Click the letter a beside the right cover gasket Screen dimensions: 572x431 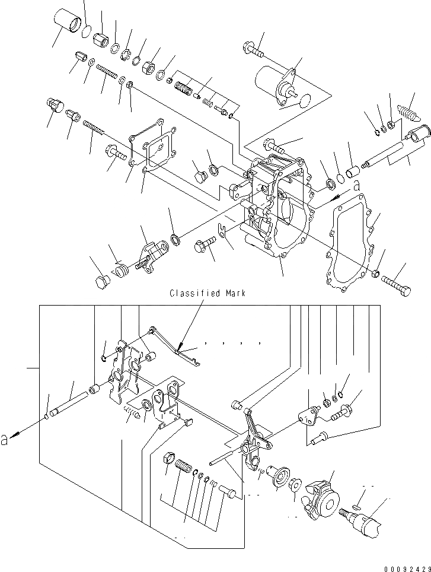(x=356, y=186)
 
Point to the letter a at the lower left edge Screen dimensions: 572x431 (x=6, y=439)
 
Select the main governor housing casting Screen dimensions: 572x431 (x=277, y=208)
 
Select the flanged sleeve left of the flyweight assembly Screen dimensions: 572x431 (x=279, y=475)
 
